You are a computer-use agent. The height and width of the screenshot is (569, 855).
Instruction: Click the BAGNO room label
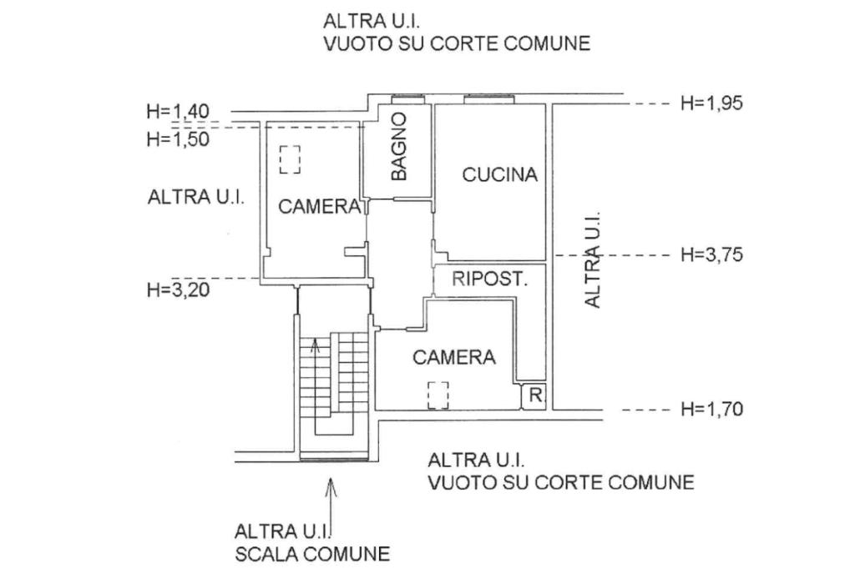coord(400,147)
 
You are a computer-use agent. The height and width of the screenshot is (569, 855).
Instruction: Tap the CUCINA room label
coord(499,175)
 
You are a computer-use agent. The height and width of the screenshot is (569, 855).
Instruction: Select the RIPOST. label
coord(490,279)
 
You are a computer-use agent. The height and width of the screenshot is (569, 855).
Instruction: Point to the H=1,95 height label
coord(711,103)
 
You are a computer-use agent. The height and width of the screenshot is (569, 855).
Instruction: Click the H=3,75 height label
coord(711,254)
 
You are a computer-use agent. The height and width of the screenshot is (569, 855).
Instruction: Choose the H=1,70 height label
coord(711,409)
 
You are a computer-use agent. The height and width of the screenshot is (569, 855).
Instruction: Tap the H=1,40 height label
coord(178,111)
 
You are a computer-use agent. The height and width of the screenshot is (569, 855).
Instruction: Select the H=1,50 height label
coord(178,138)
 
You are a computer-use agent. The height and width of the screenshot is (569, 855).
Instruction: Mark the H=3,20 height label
coord(178,290)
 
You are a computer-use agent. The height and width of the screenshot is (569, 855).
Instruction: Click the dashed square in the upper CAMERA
coord(290,159)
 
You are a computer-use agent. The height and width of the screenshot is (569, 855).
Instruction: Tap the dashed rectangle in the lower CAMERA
coord(438,395)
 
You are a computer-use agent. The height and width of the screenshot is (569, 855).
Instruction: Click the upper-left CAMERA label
coord(320,207)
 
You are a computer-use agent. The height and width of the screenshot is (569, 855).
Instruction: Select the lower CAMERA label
coord(454,357)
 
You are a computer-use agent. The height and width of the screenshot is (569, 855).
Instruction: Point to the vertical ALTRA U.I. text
coord(593,259)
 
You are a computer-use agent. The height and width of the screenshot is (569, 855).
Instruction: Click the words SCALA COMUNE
coord(311,553)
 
